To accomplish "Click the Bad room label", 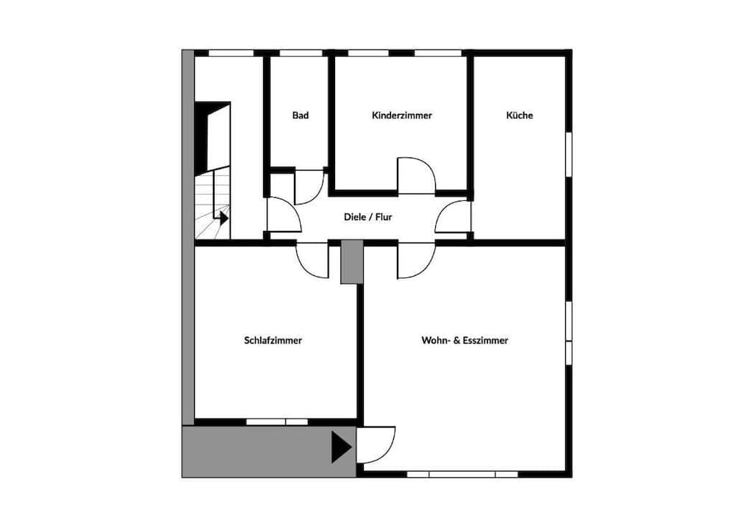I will tap(300, 115).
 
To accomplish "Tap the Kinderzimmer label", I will tap(401, 115).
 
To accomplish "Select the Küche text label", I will tap(519, 115).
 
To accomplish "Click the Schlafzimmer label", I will tap(273, 341).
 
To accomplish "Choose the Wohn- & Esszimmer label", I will tap(465, 341).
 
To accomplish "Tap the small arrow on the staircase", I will tap(223, 217).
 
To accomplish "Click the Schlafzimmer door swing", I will tap(312, 260).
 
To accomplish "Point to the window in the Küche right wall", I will tap(568, 154).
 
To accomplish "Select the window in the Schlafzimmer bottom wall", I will tap(276, 421).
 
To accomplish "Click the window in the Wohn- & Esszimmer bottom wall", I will tap(462, 474).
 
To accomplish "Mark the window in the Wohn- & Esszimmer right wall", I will tap(568, 321).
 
